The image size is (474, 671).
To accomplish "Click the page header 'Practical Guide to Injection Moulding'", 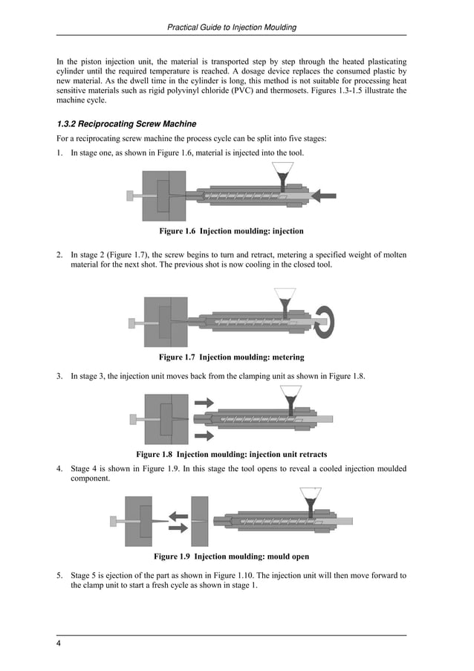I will [232, 27].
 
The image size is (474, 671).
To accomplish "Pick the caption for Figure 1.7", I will [231, 357].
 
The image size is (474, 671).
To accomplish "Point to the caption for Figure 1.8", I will [231, 454].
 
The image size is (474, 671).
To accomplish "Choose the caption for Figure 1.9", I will [231, 556].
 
